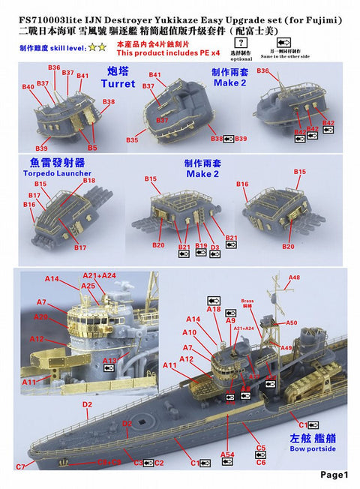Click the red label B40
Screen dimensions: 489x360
28,88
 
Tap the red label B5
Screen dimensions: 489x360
92,148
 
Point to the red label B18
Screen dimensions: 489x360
89,180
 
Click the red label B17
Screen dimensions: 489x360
80,247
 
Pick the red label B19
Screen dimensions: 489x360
200,245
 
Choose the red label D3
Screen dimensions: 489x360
215,245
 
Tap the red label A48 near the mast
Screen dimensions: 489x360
294,277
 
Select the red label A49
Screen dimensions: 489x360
286,348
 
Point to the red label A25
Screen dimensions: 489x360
88,286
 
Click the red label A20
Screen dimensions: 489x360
40,316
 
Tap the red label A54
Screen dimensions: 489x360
227,454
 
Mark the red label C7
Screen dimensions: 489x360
20,466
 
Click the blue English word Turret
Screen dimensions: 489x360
118,84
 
